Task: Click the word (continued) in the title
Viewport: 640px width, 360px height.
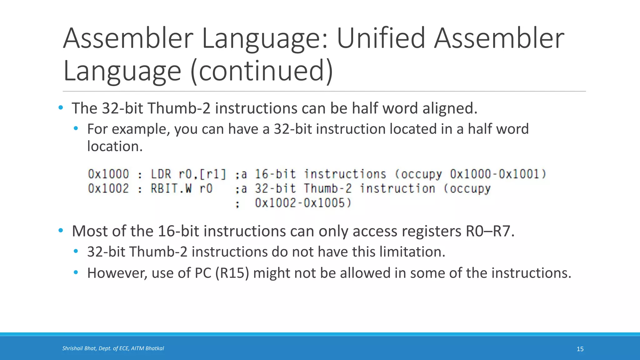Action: click(262, 71)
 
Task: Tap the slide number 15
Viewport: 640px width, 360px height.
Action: click(580, 349)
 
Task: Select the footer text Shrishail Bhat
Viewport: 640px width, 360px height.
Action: click(79, 348)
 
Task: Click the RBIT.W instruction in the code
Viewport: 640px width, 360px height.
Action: click(171, 189)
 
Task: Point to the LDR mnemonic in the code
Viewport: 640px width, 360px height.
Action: click(161, 174)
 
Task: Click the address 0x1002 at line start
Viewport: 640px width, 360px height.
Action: click(108, 189)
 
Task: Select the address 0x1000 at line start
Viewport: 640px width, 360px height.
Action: click(108, 174)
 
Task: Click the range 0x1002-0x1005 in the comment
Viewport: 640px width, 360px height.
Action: click(303, 203)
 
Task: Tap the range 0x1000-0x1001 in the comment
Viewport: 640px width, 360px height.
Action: click(498, 174)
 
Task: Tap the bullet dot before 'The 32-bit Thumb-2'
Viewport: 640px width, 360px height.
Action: click(61, 108)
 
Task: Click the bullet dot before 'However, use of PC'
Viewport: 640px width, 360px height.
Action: click(76, 272)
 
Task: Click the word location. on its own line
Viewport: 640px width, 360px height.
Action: click(115, 146)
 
